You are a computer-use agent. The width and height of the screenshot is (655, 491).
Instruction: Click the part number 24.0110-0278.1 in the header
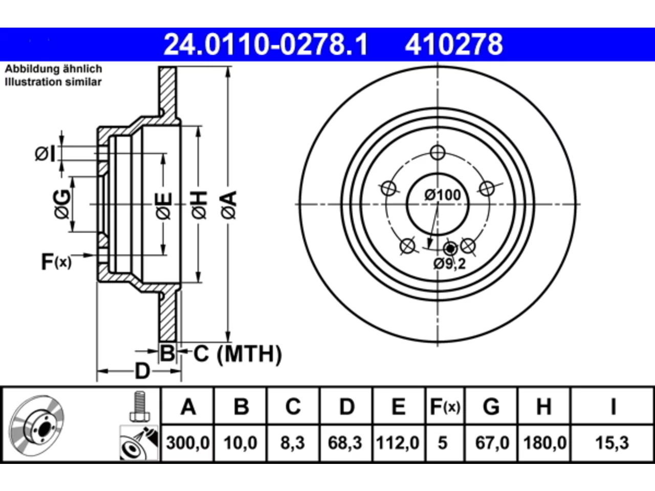[266, 44]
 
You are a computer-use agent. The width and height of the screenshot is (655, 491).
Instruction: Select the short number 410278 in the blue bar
[454, 44]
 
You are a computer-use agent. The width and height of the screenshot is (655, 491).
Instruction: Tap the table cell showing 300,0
[188, 443]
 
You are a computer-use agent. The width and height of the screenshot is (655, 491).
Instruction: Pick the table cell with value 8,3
[292, 443]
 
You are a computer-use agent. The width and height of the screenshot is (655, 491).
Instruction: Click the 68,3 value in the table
[345, 443]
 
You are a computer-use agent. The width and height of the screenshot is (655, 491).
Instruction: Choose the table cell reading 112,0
[398, 443]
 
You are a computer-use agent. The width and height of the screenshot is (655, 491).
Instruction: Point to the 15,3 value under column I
[612, 443]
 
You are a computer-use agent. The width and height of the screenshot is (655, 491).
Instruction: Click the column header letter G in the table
[491, 407]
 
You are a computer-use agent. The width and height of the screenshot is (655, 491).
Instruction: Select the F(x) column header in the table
[445, 407]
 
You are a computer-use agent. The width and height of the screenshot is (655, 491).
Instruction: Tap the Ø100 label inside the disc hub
[443, 195]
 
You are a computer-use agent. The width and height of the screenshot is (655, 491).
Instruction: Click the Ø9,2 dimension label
[449, 263]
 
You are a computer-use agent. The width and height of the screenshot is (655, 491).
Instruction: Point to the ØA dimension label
[229, 206]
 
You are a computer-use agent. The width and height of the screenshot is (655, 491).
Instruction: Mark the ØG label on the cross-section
[62, 204]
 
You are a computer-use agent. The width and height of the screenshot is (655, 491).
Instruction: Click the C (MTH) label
[238, 354]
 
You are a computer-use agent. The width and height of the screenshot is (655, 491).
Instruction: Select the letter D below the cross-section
[142, 371]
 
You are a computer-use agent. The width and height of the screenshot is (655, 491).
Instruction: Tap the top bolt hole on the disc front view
[438, 152]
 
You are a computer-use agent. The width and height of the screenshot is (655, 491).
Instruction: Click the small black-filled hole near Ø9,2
[450, 249]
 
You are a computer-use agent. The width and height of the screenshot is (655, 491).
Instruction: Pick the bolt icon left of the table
[140, 407]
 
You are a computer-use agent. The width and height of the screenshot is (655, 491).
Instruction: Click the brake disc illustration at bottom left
[36, 426]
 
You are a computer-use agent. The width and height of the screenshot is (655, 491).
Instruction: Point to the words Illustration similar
[53, 82]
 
